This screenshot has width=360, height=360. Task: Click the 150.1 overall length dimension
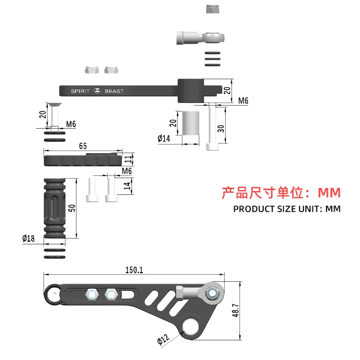pyautogui.click(x=134, y=270)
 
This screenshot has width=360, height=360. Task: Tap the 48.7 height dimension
pyautogui.click(x=234, y=311)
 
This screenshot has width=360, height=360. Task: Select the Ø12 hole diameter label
pyautogui.click(x=164, y=340)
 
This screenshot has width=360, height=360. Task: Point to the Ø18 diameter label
pyautogui.click(x=28, y=238)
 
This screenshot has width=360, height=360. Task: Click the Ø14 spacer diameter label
pyautogui.click(x=164, y=139)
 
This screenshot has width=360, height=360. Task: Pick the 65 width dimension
pyautogui.click(x=83, y=146)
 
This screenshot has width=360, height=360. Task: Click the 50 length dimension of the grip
pyautogui.click(x=72, y=208)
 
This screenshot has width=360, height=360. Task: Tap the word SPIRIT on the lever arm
pyautogui.click(x=80, y=91)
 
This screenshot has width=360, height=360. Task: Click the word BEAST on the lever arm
pyautogui.click(x=114, y=91)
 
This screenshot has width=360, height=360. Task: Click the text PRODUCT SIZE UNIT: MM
pyautogui.click(x=287, y=209)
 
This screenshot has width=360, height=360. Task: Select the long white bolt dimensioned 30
pyautogui.click(x=213, y=127)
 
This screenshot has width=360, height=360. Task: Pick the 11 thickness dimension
pyautogui.click(x=128, y=159)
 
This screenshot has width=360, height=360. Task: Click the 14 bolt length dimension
pyautogui.click(x=128, y=186)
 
